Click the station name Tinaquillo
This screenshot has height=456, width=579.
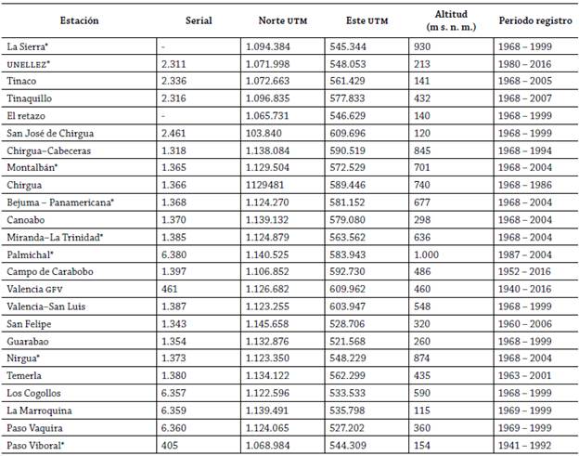pyautogui.click(x=32, y=98)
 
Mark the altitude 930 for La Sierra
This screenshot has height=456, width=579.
pyautogui.click(x=424, y=45)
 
